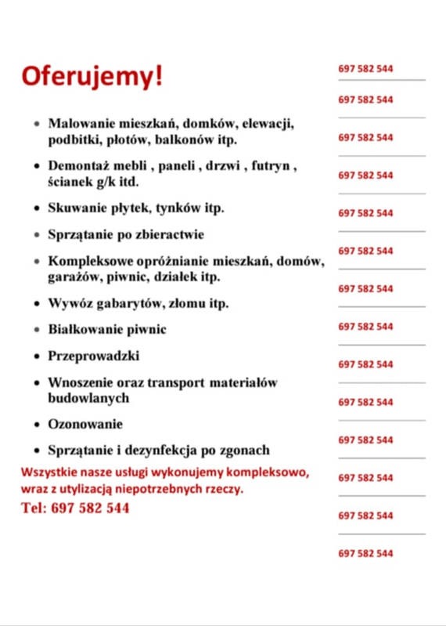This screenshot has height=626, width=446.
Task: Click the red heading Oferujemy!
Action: [93, 76]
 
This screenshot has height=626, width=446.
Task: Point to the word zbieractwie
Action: [169, 234]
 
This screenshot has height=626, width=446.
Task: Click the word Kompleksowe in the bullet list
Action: [89, 262]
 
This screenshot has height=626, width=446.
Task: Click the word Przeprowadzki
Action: [94, 356]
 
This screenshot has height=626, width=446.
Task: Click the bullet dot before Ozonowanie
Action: [38, 425]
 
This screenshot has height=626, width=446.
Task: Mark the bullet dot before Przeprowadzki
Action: [38, 356]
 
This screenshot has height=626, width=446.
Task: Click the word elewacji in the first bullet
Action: [267, 124]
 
